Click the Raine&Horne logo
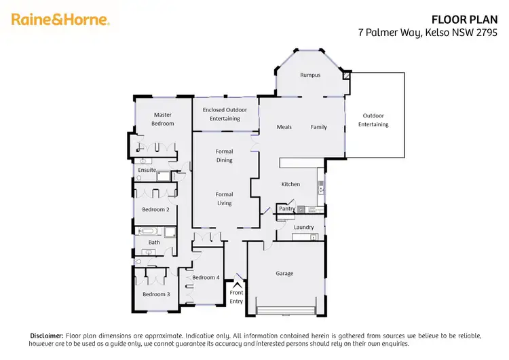pyautogui.click(x=60, y=20)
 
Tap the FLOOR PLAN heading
pyautogui.click(x=470, y=19)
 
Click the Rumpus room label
pyautogui.click(x=310, y=75)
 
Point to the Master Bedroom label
pyautogui.click(x=163, y=119)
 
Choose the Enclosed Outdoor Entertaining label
pyautogui.click(x=225, y=114)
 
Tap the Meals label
pyautogui.click(x=284, y=127)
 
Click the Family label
pyautogui.click(x=319, y=127)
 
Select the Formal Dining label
pyautogui.click(x=225, y=156)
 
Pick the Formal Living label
pyautogui.click(x=225, y=198)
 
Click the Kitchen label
pyautogui.click(x=290, y=184)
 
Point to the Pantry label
pyautogui.click(x=287, y=209)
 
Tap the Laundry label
pyautogui.click(x=303, y=227)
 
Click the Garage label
pyautogui.click(x=284, y=274)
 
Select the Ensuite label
pyautogui.click(x=147, y=170)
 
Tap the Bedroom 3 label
pyautogui.click(x=155, y=294)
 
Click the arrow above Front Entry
pyautogui.click(x=237, y=285)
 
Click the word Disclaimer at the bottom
pyautogui.click(x=46, y=336)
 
